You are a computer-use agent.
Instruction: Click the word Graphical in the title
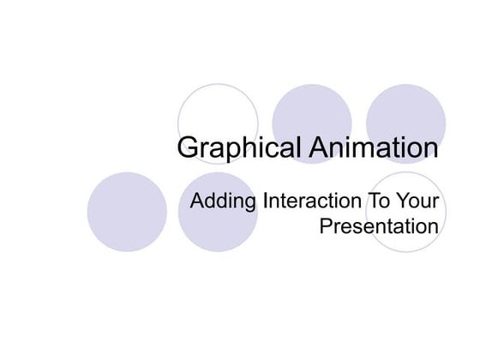click(x=239, y=147)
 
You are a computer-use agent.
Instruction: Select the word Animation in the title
click(x=373, y=147)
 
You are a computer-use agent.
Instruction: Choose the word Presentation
click(x=378, y=227)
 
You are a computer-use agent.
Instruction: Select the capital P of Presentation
click(x=325, y=227)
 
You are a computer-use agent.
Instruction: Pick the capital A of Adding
click(x=197, y=203)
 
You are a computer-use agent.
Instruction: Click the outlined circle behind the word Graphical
click(x=218, y=111)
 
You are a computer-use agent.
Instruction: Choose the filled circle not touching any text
click(x=127, y=212)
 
